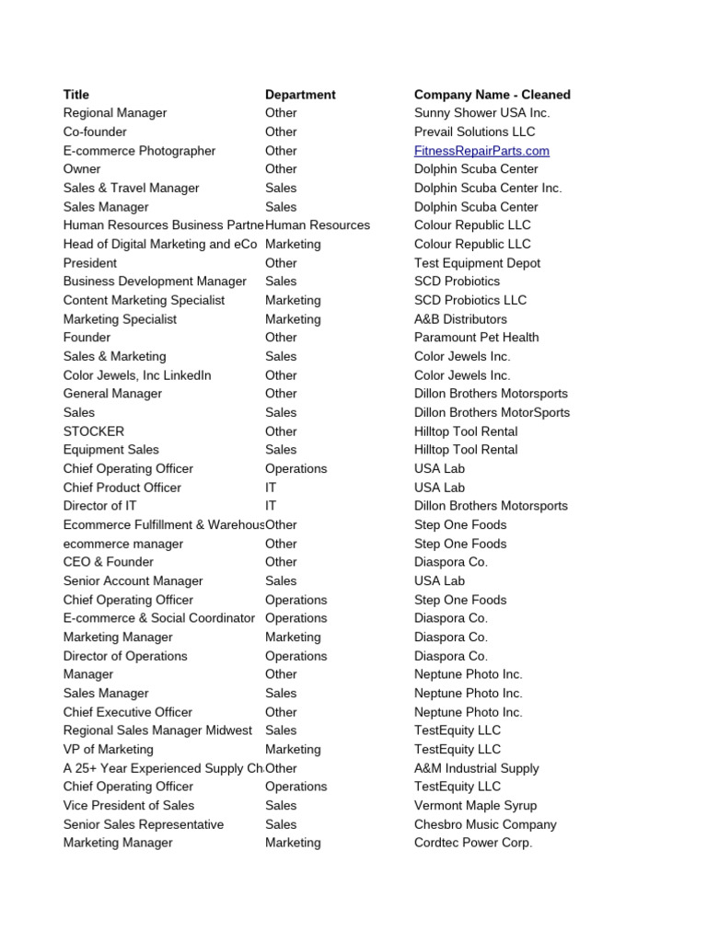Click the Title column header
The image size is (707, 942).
coord(76,95)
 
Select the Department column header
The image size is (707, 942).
coord(300,95)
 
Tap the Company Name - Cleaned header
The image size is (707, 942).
coord(492,95)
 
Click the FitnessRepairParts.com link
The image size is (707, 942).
coord(481,151)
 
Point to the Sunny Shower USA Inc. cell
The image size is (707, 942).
coord(481,113)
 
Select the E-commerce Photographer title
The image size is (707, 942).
coord(139,151)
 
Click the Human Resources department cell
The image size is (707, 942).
coord(318,225)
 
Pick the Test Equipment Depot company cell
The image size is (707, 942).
coord(477,263)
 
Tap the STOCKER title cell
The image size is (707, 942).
coord(94,431)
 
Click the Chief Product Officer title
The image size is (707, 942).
coord(122,488)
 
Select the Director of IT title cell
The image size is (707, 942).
coord(105,506)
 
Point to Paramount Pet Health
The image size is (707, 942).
coord(476,338)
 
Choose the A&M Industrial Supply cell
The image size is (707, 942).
coord(476,768)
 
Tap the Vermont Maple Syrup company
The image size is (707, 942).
coord(476,806)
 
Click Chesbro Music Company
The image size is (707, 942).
coord(485,824)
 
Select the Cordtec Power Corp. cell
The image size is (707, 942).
coord(473,843)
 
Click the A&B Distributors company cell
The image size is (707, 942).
coord(460,319)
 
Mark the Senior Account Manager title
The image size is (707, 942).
coord(133,581)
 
